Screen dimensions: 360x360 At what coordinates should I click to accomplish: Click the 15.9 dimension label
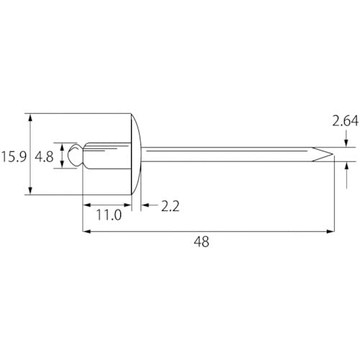click(14, 156)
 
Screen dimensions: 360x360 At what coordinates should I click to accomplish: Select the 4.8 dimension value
click(45, 156)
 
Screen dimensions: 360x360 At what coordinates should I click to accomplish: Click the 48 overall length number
click(202, 243)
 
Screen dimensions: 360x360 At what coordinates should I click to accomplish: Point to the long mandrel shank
click(230, 154)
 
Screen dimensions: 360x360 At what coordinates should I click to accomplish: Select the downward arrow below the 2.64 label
click(347, 144)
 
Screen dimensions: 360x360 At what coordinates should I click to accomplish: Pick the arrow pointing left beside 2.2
click(145, 206)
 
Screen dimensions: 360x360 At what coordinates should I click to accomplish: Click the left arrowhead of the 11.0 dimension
click(87, 206)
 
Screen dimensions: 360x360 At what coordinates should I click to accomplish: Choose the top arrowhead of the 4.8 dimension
click(64, 144)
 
